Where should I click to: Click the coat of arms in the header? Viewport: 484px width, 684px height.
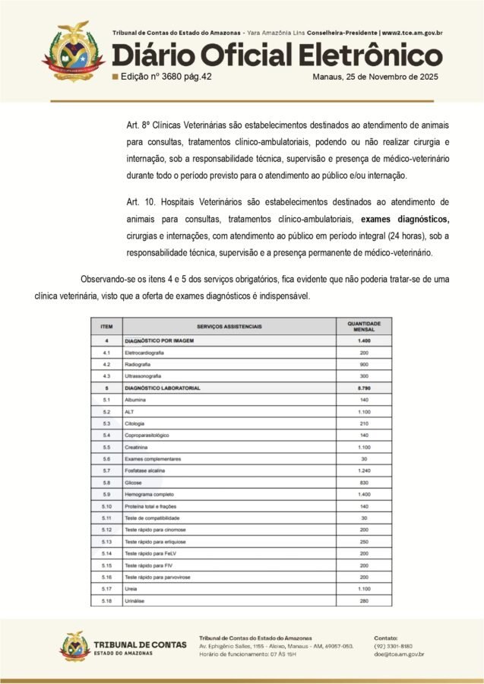point(73,52)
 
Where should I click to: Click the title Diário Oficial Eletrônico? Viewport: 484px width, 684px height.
point(277,55)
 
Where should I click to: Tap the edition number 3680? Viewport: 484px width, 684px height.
point(178,77)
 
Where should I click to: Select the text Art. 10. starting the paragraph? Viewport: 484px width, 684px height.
point(141,202)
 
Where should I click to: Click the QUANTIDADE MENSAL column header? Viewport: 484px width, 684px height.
point(364,325)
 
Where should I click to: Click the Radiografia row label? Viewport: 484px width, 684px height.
point(139,365)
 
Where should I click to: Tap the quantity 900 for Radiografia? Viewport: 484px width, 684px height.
point(364,365)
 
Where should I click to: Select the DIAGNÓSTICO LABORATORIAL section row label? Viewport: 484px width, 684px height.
point(163,388)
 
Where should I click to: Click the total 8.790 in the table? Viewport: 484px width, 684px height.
point(364,388)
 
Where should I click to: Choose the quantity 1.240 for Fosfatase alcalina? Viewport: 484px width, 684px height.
point(364,471)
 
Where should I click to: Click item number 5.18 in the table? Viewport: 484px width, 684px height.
point(106,601)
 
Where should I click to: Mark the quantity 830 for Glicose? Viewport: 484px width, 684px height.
point(364,483)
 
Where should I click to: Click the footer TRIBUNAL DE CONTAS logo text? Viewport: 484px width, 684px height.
point(140,645)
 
